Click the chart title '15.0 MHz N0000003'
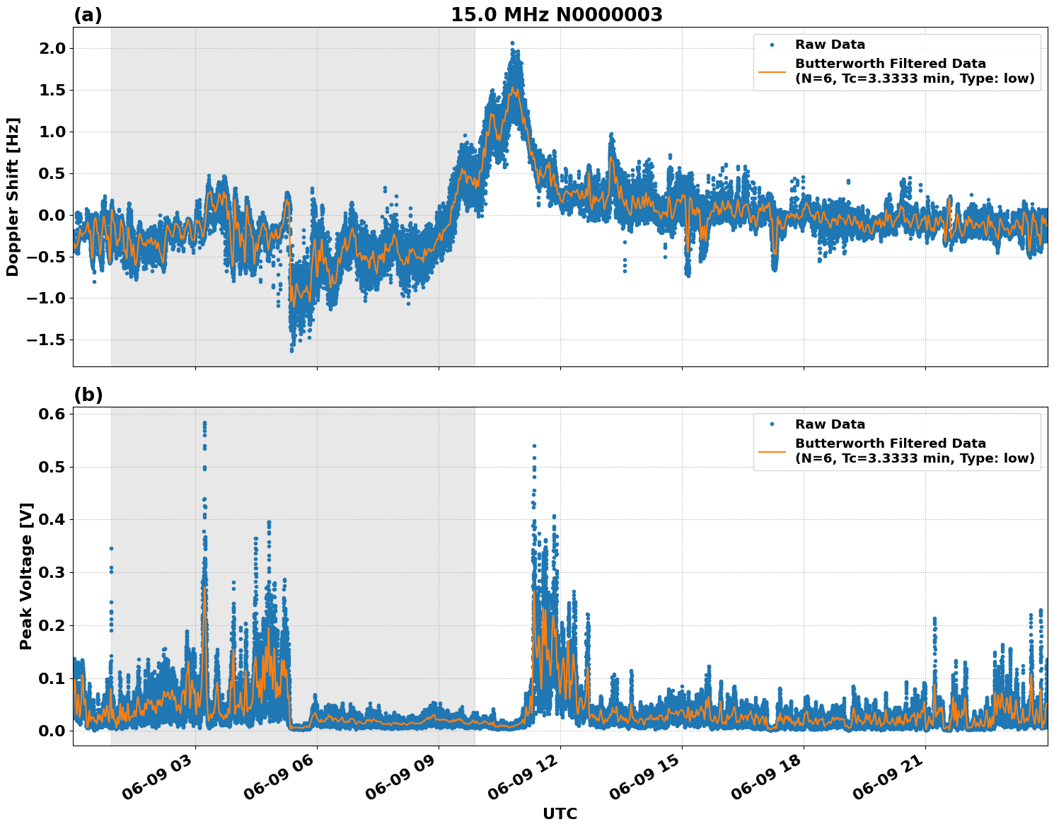coord(557,15)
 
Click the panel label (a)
coord(88,15)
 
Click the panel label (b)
coord(88,395)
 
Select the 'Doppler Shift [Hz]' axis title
coord(13,197)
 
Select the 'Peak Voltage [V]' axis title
coord(26,576)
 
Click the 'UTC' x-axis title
coord(560,813)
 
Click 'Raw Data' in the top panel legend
coord(830,45)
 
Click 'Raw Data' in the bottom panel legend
coord(830,424)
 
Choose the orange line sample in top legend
coord(772,71)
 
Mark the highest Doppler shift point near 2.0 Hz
coord(512,43)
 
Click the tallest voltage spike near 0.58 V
coord(204,423)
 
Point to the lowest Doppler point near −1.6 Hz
coord(291,350)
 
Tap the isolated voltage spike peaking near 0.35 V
coord(111,548)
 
